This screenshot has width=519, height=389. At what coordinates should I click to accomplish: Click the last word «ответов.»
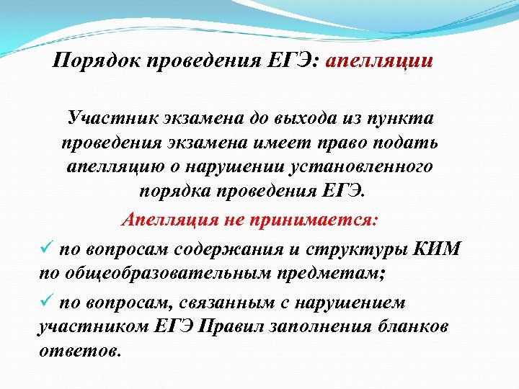[x=79, y=352]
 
